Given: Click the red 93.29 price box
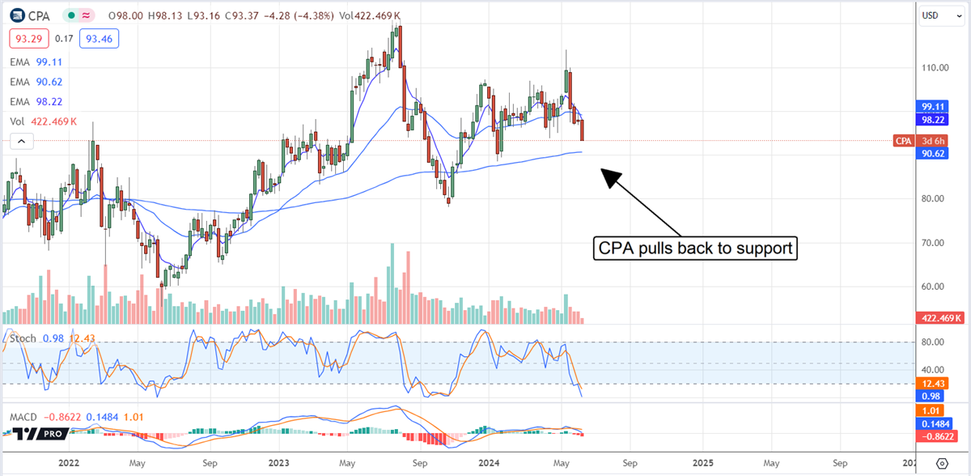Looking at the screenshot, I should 25,38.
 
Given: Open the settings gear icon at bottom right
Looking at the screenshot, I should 942,463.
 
